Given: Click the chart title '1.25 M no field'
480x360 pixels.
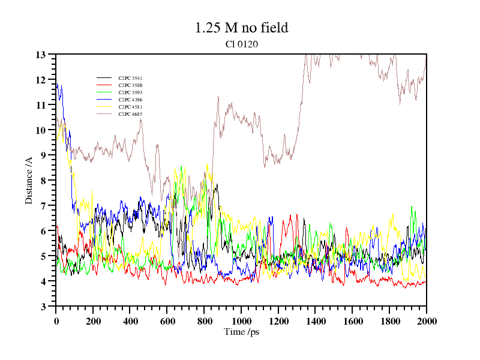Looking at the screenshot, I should [x=241, y=28].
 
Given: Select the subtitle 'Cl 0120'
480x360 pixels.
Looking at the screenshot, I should [x=241, y=44].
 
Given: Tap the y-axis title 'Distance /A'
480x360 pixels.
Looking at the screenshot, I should [x=29, y=180].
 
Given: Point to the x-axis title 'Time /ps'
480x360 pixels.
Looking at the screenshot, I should [x=241, y=332].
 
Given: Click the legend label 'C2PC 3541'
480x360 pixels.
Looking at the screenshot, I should [x=130, y=78].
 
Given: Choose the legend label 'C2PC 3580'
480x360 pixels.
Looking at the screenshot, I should [x=130, y=85].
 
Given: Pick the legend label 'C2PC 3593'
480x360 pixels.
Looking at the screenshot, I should [x=130, y=92].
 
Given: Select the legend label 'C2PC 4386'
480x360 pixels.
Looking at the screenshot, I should [x=130, y=100].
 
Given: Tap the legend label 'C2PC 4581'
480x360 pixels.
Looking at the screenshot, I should [x=130, y=107].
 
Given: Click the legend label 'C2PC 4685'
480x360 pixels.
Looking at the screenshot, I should [x=130, y=114].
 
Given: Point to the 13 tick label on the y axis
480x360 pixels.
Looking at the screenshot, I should [x=41, y=55].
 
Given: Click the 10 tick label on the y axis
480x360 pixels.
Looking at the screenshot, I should [x=41, y=130].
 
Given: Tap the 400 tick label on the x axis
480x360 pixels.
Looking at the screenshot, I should [x=130, y=321].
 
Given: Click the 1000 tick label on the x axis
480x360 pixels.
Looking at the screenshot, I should [x=241, y=321].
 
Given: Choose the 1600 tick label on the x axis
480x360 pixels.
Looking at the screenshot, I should [x=352, y=321].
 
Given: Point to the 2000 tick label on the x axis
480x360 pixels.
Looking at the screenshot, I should [x=426, y=321].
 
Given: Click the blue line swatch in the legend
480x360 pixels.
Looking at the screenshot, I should [x=104, y=100].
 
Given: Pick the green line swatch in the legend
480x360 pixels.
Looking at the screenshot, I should [x=104, y=92].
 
